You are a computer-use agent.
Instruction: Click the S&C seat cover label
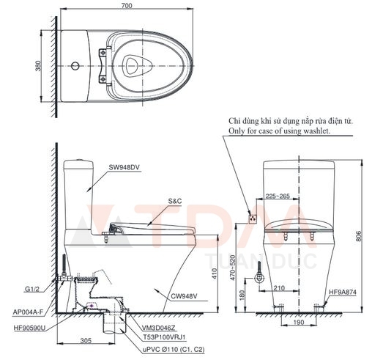click(x=175, y=200)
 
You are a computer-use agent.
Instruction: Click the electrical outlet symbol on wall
click(x=253, y=217)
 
